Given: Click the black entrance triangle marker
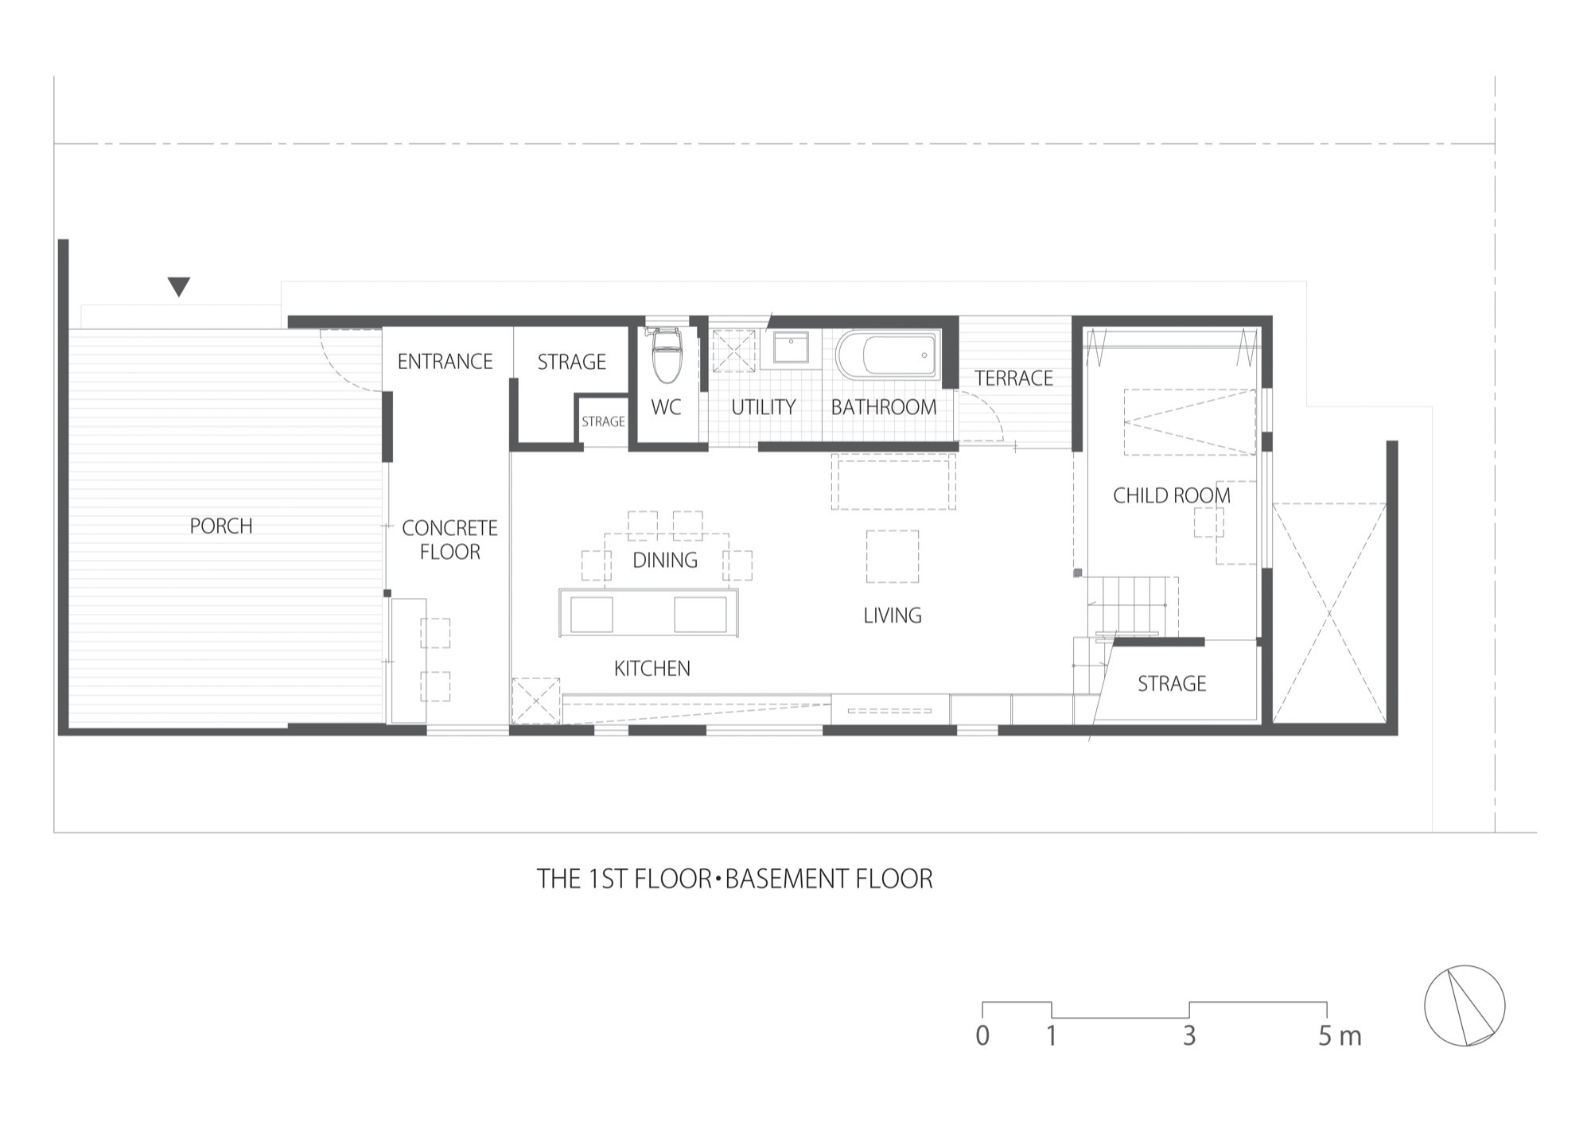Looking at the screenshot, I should [x=179, y=286].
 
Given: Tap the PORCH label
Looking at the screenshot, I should [x=221, y=526].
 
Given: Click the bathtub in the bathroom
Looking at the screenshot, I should [x=887, y=355].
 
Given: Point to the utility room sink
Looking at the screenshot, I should [x=791, y=347].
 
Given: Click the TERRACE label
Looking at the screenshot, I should [x=1013, y=379].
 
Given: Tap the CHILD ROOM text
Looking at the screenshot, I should [x=1171, y=495].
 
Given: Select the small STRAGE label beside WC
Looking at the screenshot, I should [x=603, y=421].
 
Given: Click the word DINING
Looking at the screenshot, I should [x=665, y=561].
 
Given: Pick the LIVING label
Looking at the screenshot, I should [x=893, y=615].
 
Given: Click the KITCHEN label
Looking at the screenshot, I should [x=652, y=669].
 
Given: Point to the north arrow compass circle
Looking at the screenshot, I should [x=1465, y=1006].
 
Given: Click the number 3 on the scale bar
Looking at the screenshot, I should [x=1189, y=1036].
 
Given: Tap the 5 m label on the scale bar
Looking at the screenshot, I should [x=1340, y=1036].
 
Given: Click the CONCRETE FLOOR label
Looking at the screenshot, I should [x=449, y=540].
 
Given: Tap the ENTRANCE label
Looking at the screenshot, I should [x=445, y=362].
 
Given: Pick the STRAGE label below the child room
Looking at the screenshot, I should [x=1171, y=684].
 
